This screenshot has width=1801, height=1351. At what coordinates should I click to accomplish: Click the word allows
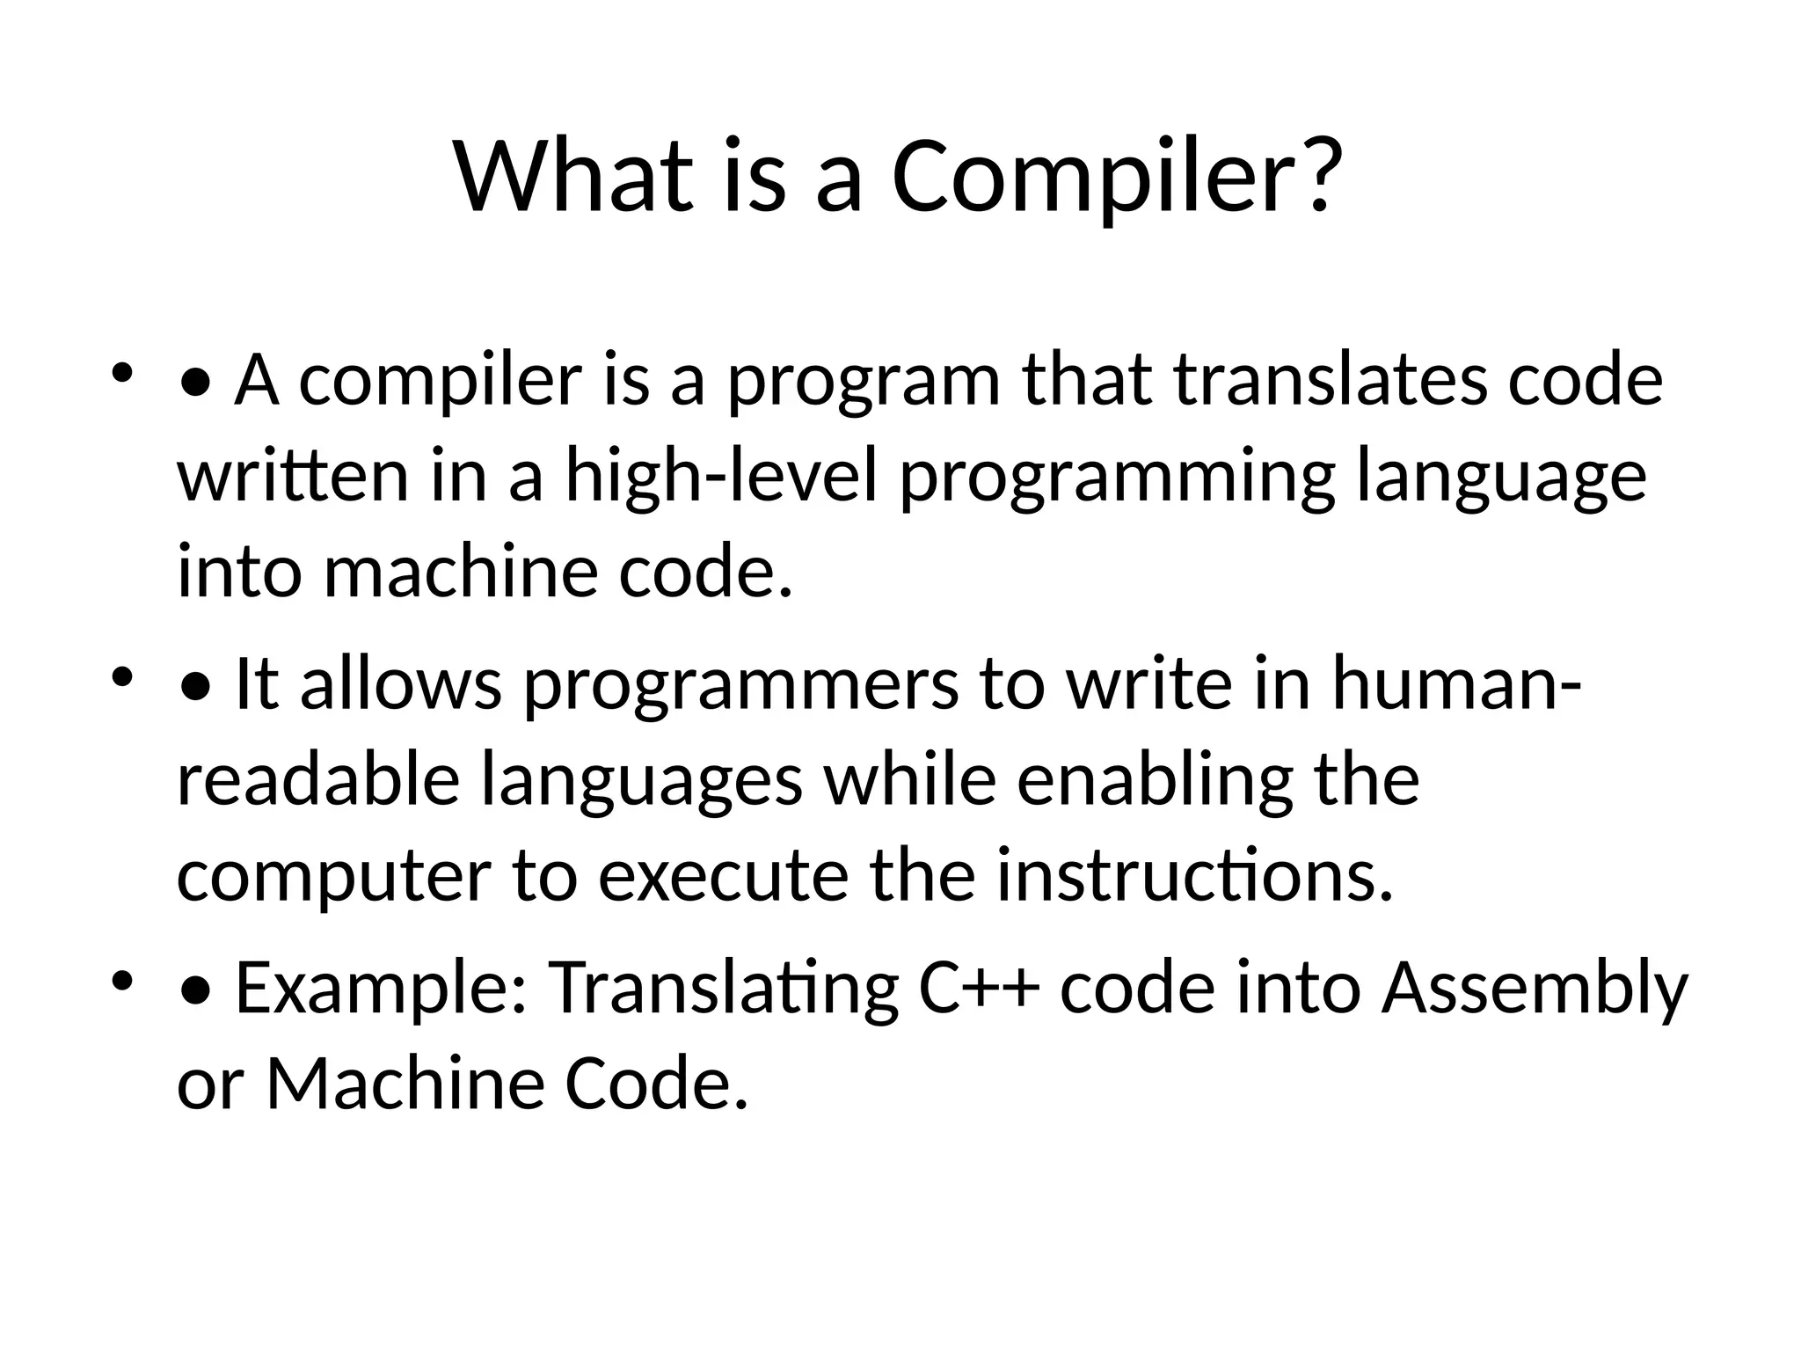[400, 684]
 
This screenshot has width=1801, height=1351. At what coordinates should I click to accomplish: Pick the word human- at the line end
[1456, 684]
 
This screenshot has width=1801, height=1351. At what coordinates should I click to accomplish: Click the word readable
[318, 780]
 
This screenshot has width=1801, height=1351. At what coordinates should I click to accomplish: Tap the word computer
[334, 877]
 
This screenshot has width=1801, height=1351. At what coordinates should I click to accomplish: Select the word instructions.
[1194, 877]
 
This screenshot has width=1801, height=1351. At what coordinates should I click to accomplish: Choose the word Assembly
[1534, 990]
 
